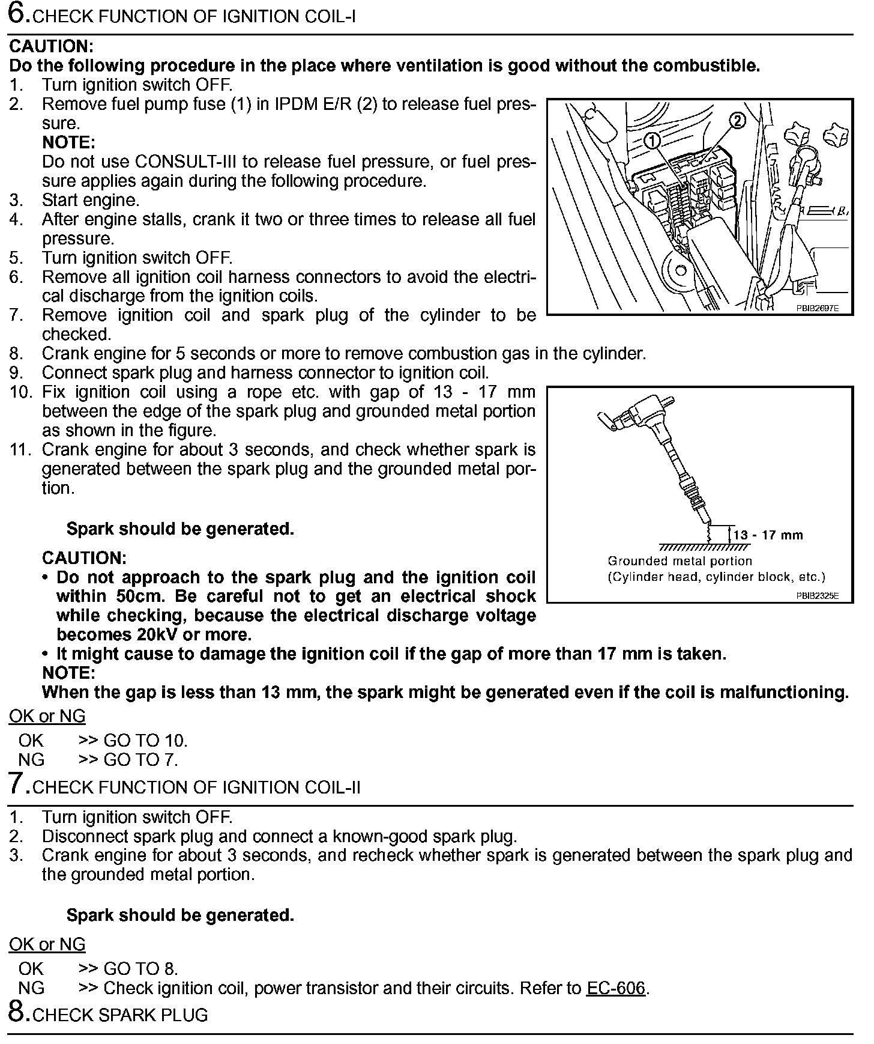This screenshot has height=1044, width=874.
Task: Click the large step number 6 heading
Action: coord(18,14)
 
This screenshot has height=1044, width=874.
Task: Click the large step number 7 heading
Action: coord(18,785)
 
